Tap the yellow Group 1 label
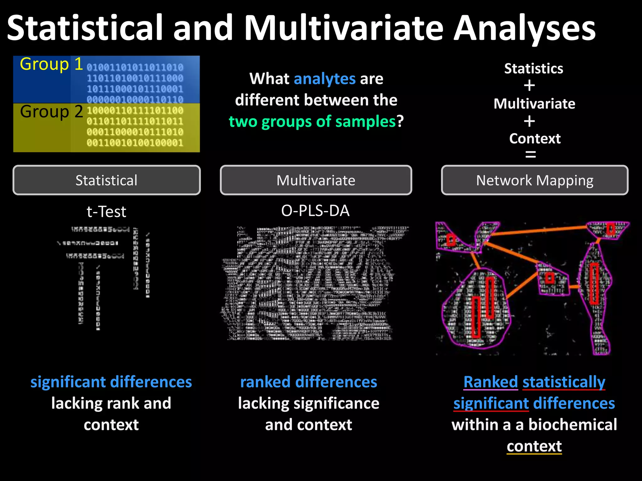point(51,64)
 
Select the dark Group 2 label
point(51,112)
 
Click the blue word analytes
point(324,79)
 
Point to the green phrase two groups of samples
point(312,122)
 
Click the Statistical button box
point(107,180)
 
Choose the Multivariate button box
point(316,180)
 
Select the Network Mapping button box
point(534,180)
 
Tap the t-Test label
point(106,212)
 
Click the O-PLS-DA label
point(315,211)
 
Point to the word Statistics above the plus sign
point(534,69)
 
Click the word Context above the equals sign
point(535,138)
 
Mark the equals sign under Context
point(530,154)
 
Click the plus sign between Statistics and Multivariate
point(529,86)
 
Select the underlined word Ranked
point(491,382)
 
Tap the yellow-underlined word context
point(534,446)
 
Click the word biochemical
point(573,425)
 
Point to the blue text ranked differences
point(308,382)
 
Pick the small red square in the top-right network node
point(610,229)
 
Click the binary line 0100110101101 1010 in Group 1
point(135,67)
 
